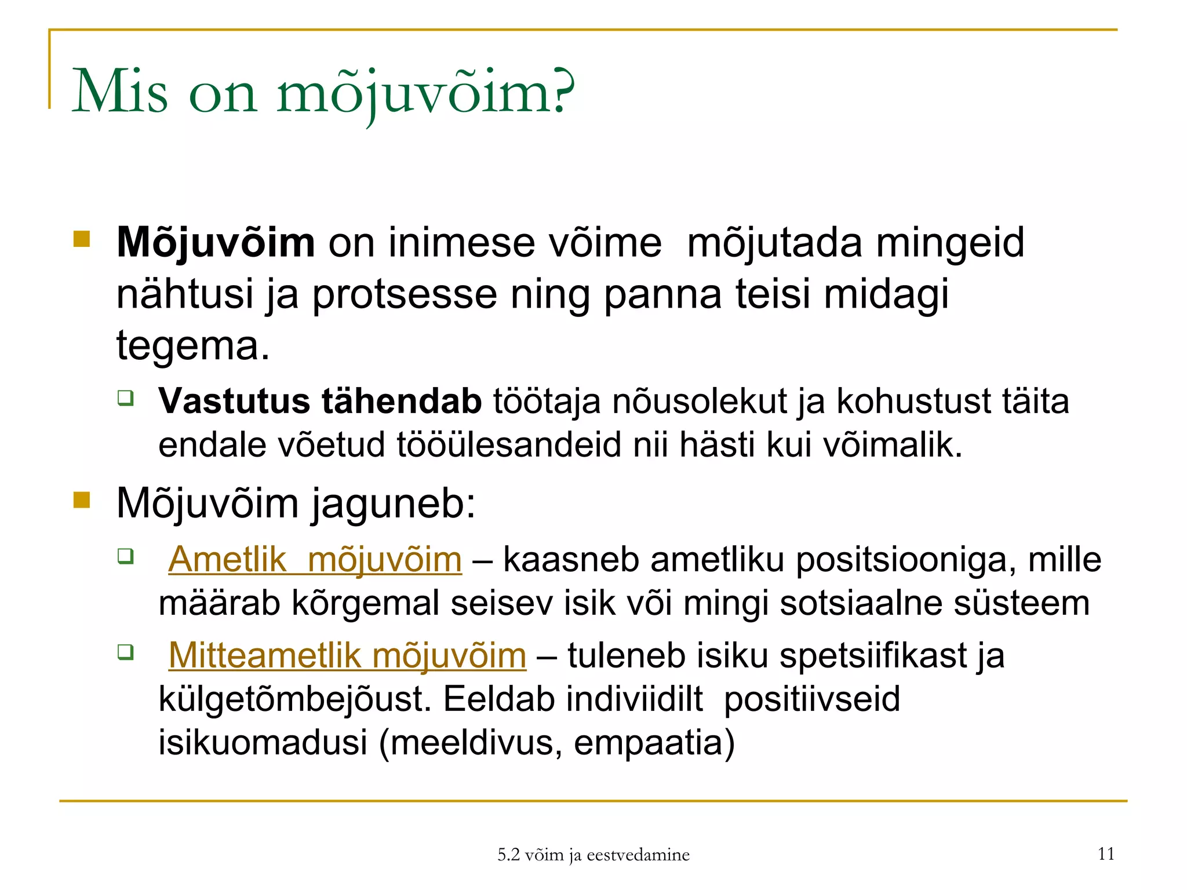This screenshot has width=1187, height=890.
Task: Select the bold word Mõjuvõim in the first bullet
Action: click(216, 243)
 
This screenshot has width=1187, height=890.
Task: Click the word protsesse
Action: click(405, 294)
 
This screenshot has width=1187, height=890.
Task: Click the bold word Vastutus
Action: click(234, 401)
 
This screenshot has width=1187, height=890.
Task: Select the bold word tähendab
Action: click(401, 401)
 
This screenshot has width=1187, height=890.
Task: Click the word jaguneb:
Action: click(394, 504)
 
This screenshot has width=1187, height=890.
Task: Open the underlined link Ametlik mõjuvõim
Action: click(315, 560)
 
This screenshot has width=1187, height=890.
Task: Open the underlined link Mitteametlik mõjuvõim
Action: click(347, 655)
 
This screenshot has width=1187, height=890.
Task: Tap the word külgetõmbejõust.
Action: click(295, 699)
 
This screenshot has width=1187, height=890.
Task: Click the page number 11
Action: click(1106, 853)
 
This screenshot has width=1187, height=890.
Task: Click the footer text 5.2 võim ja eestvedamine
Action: click(593, 855)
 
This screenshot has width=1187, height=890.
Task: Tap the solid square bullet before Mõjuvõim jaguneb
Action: click(82, 499)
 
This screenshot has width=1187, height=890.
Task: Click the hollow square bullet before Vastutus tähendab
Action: click(126, 398)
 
